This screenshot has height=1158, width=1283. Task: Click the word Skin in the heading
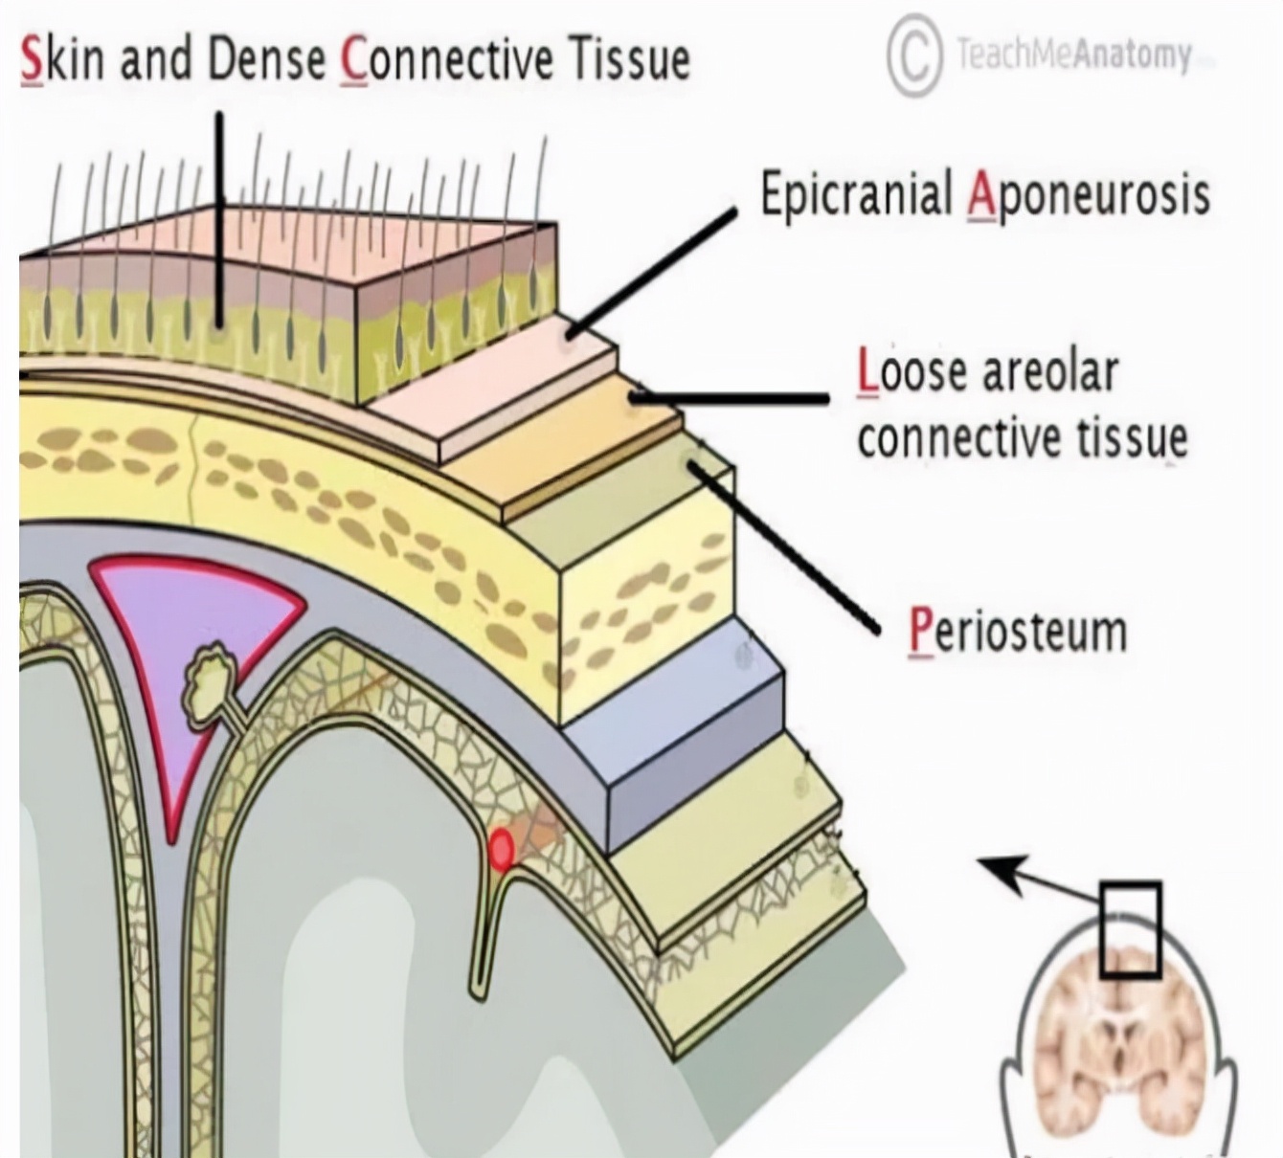pyautogui.click(x=61, y=59)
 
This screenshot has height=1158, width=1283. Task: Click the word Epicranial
pyautogui.click(x=854, y=195)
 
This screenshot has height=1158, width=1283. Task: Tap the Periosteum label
pyautogui.click(x=1017, y=632)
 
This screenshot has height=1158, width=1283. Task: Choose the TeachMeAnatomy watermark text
pyautogui.click(x=1073, y=55)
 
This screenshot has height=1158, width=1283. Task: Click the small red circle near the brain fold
pyautogui.click(x=502, y=849)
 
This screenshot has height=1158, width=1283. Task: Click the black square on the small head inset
pyautogui.click(x=1130, y=928)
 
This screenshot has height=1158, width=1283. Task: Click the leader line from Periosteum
pyautogui.click(x=785, y=546)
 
